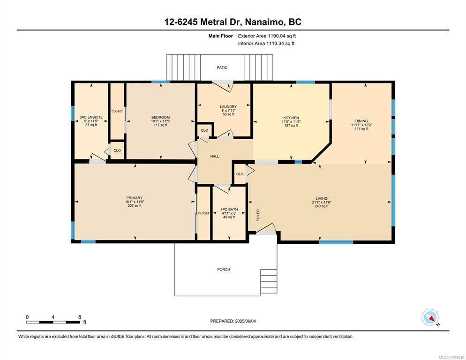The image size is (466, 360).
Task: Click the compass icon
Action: pos(430,318)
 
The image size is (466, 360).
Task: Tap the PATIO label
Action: pos(222,68)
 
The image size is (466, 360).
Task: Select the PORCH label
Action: pos(224,270)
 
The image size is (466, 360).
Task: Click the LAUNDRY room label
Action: pos(228,107)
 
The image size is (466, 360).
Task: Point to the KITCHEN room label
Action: pos(291,118)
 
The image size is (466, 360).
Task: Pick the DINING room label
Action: pos(361,121)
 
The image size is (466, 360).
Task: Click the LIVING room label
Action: pos(322,199)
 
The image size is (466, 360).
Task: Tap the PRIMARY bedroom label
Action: pos(135,198)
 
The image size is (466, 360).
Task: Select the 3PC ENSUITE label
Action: pos(91,118)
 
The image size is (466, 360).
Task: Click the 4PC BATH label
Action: pos(229,210)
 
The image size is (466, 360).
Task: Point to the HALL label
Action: pos(215,157)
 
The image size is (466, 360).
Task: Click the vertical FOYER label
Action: pos(258,215)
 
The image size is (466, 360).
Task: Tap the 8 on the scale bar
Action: pos(80,317)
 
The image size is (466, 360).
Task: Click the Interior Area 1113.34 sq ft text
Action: pos(266,44)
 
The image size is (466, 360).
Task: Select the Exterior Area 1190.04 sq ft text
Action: pos(267,36)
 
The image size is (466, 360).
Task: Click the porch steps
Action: pos(269,281)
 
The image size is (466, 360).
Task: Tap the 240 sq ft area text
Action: pos(322,206)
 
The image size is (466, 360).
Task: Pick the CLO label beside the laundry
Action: pos(204,130)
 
